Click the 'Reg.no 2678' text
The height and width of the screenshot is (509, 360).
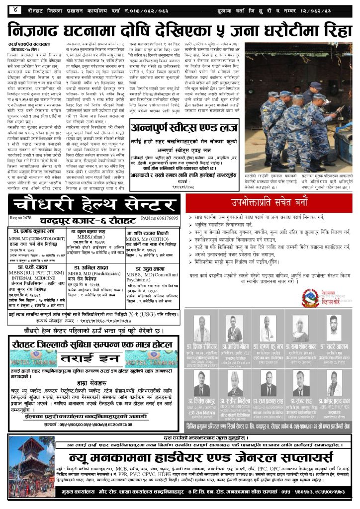click(20, 218)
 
